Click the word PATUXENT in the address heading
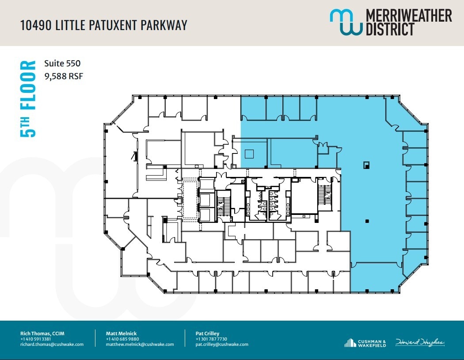108,25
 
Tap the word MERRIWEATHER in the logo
409,16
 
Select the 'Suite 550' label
62,64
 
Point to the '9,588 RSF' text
64,76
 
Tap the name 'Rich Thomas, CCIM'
42,333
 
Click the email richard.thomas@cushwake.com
52,344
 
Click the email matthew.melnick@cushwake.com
140,344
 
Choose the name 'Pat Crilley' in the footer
207,333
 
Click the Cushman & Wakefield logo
365,343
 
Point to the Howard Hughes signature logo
420,342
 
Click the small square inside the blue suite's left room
249,154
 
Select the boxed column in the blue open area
366,165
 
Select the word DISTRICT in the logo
389,29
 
